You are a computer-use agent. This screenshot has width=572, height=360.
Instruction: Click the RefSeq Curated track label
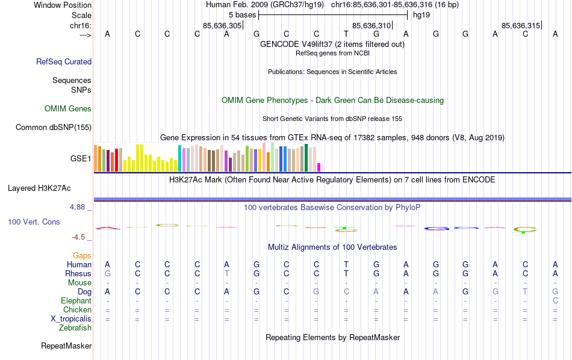click(64, 61)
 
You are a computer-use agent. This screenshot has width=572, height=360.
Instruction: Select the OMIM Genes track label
click(68, 109)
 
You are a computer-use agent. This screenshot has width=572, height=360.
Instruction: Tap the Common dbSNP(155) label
click(54, 127)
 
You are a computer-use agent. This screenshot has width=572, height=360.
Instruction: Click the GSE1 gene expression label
click(81, 159)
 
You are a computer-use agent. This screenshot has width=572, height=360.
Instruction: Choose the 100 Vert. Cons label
click(34, 222)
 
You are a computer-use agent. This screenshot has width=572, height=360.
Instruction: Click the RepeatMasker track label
click(66, 346)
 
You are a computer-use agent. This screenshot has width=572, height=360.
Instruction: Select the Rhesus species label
click(78, 274)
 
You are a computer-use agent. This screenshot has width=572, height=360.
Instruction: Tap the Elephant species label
click(76, 301)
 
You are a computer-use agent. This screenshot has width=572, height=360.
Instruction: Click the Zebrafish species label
click(75, 328)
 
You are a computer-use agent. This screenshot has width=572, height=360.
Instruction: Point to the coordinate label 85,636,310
click(371, 25)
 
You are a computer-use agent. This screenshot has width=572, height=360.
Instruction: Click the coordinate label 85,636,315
click(521, 25)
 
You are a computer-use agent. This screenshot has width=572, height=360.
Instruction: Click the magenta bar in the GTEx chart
click(319, 167)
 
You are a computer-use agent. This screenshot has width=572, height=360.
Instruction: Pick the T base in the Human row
click(346, 264)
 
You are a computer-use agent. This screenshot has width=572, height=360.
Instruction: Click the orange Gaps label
click(82, 256)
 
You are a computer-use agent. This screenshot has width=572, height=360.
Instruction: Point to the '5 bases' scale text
click(242, 14)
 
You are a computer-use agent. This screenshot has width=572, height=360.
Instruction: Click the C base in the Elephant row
click(555, 301)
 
